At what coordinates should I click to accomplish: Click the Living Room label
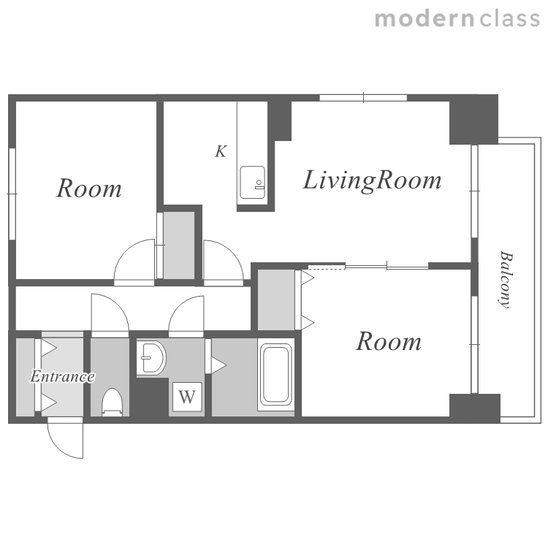coord(372,180)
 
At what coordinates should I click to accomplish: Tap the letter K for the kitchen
coord(221,151)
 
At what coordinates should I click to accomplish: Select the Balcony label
coord(505,280)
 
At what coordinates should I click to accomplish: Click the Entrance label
coord(63,376)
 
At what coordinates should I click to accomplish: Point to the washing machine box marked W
coord(187,397)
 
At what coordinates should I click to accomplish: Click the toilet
coord(113,403)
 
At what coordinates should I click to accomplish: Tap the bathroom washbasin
coord(151,358)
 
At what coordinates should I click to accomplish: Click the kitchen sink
coord(252,183)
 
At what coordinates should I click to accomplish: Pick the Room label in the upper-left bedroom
coord(89,189)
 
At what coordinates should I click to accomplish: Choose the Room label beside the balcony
coord(389,341)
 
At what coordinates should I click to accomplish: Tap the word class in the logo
coord(510,18)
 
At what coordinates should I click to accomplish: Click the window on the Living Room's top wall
coord(363,97)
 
